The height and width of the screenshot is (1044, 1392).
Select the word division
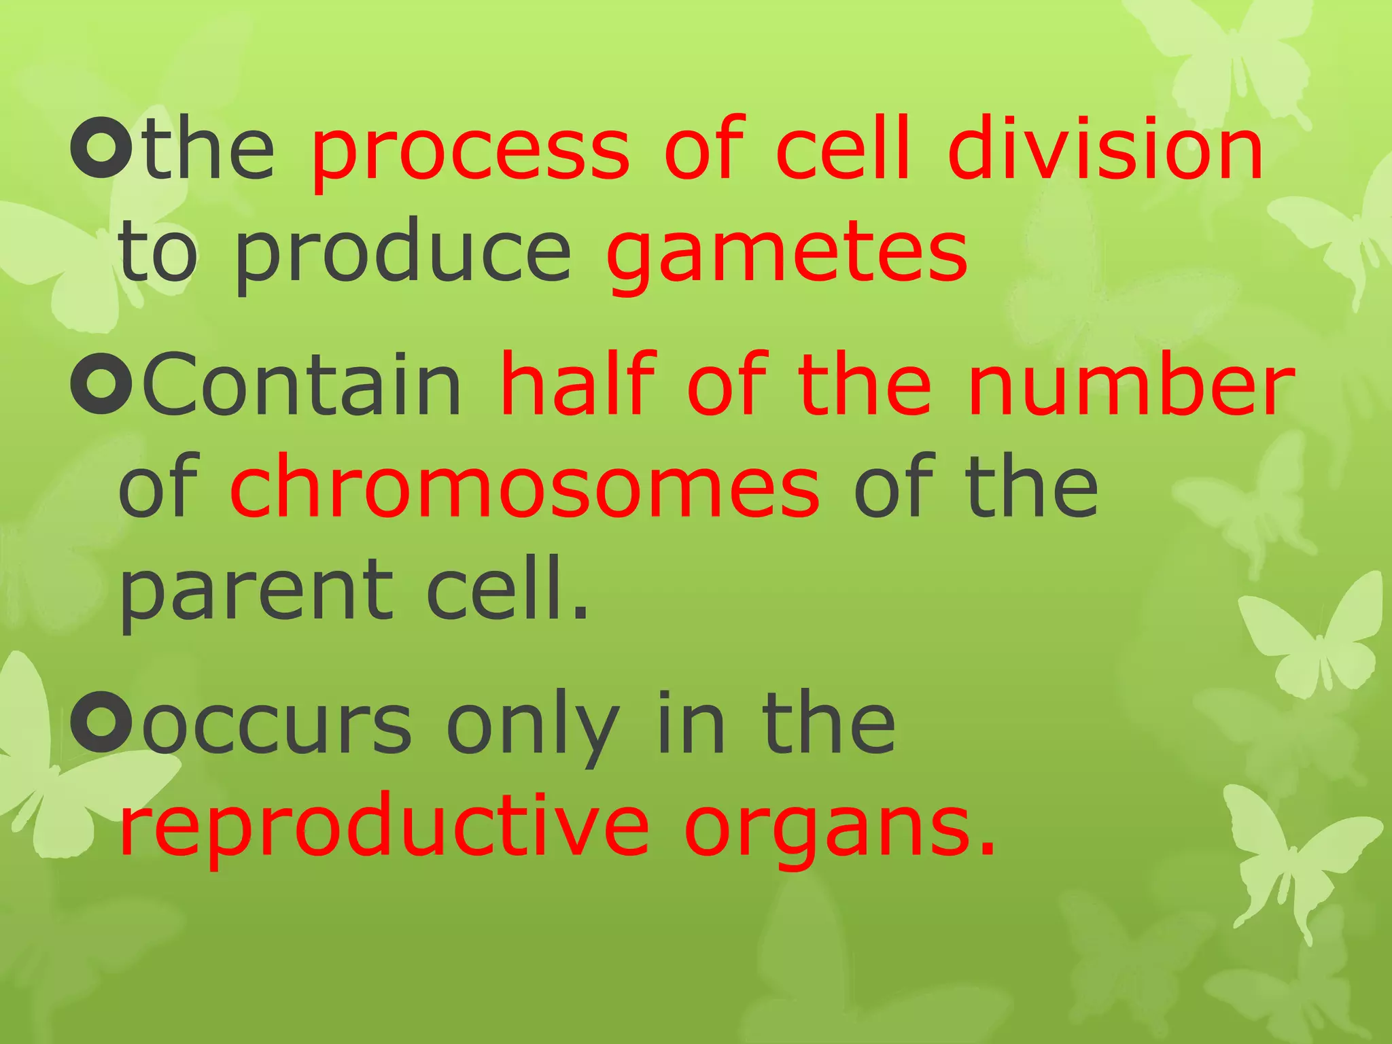(1104, 148)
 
